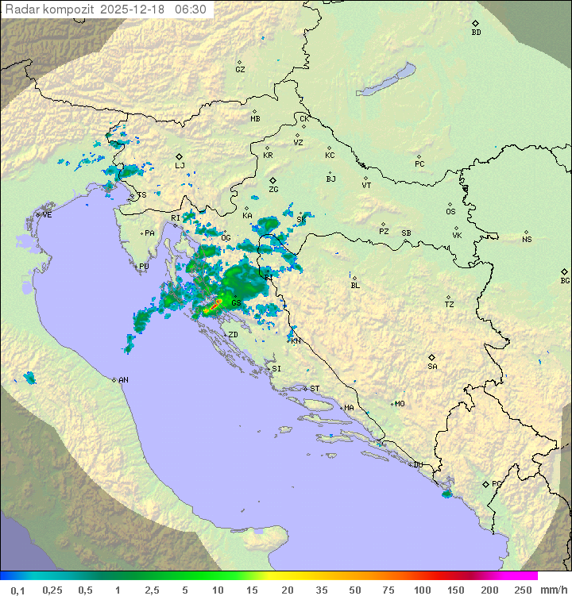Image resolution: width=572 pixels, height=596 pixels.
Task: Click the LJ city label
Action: [180, 166]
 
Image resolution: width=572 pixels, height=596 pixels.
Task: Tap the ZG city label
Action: [273, 190]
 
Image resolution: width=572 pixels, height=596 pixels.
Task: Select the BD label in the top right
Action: [476, 33]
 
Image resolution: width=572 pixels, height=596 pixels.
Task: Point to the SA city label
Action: [432, 366]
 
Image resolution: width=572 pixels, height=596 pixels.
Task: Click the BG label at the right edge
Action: [565, 280]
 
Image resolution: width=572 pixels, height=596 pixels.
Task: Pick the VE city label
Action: [47, 215]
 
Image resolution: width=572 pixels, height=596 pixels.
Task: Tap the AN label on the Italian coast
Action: [123, 380]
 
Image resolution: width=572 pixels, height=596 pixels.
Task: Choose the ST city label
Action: [315, 389]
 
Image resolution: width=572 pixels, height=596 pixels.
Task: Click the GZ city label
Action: [240, 70]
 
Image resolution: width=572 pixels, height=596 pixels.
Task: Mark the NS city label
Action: [527, 240]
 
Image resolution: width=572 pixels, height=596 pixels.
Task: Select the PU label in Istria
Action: [144, 267]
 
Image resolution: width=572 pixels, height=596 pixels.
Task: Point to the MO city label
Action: [400, 404]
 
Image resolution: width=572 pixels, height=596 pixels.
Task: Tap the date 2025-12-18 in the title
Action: [135, 10]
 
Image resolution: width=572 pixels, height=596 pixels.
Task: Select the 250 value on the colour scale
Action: [523, 590]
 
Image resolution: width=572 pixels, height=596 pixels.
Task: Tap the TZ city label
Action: [449, 304]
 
